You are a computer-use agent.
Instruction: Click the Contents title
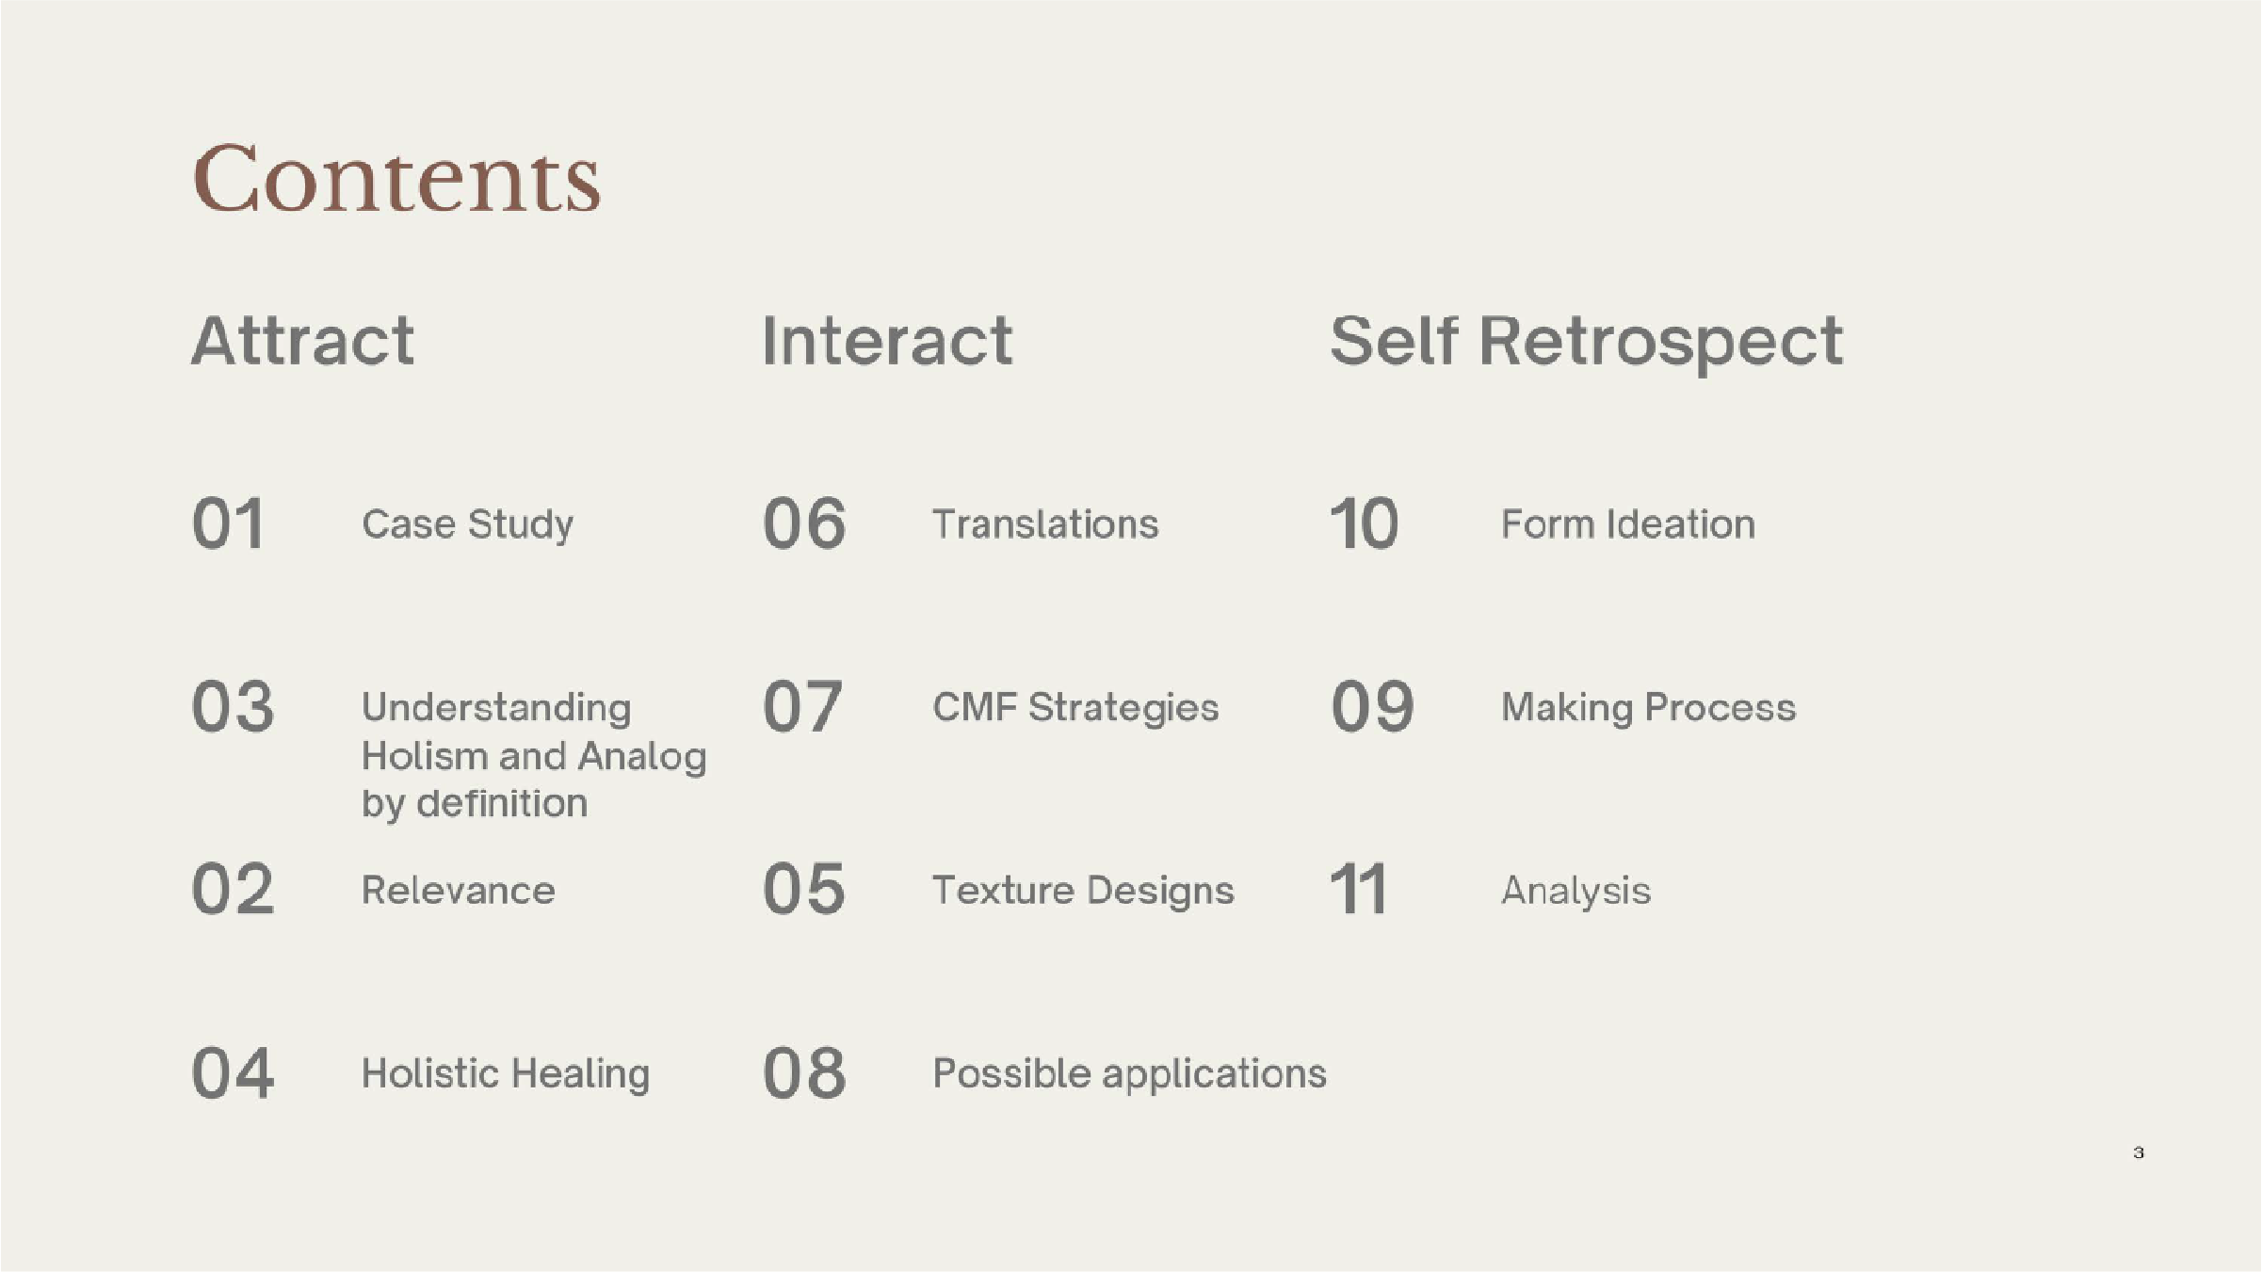coord(396,179)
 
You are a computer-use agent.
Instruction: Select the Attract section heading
coord(302,340)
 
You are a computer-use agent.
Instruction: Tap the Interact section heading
coord(887,340)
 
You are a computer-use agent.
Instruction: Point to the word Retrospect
coord(1661,344)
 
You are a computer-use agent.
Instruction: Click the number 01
coord(228,523)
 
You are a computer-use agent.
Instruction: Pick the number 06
coord(804,523)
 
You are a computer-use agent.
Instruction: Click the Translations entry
coord(1045,523)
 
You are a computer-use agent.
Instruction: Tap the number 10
coord(1364,523)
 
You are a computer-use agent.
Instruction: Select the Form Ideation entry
coord(1628,523)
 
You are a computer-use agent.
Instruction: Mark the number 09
coord(1372,706)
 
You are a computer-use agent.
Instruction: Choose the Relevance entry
coord(459,891)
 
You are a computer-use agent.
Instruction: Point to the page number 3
coord(2139,1152)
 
